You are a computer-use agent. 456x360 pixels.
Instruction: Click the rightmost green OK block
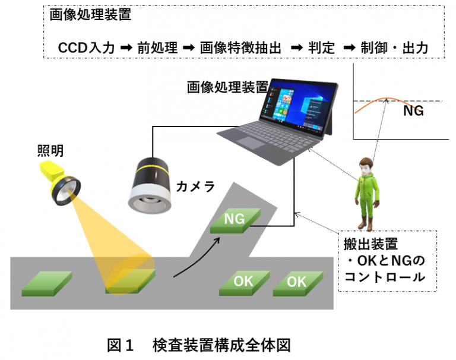[x=297, y=283]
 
